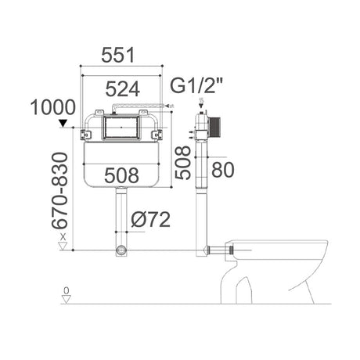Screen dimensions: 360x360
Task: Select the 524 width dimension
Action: click(x=124, y=88)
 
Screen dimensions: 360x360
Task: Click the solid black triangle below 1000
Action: click(x=63, y=123)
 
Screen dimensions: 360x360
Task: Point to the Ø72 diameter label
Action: click(x=151, y=221)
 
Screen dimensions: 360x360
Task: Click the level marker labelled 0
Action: click(x=66, y=293)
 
